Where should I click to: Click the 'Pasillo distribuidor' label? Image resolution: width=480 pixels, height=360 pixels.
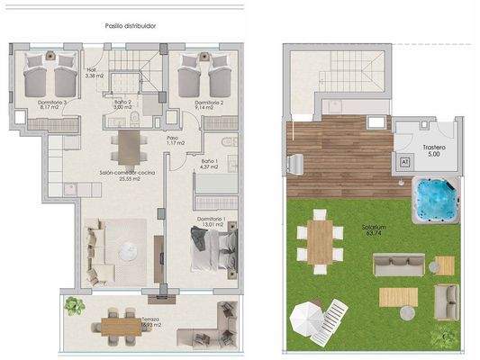[131, 26]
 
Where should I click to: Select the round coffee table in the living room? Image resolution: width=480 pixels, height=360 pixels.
[129, 249]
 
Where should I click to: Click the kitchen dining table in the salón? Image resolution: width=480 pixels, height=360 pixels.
[126, 144]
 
